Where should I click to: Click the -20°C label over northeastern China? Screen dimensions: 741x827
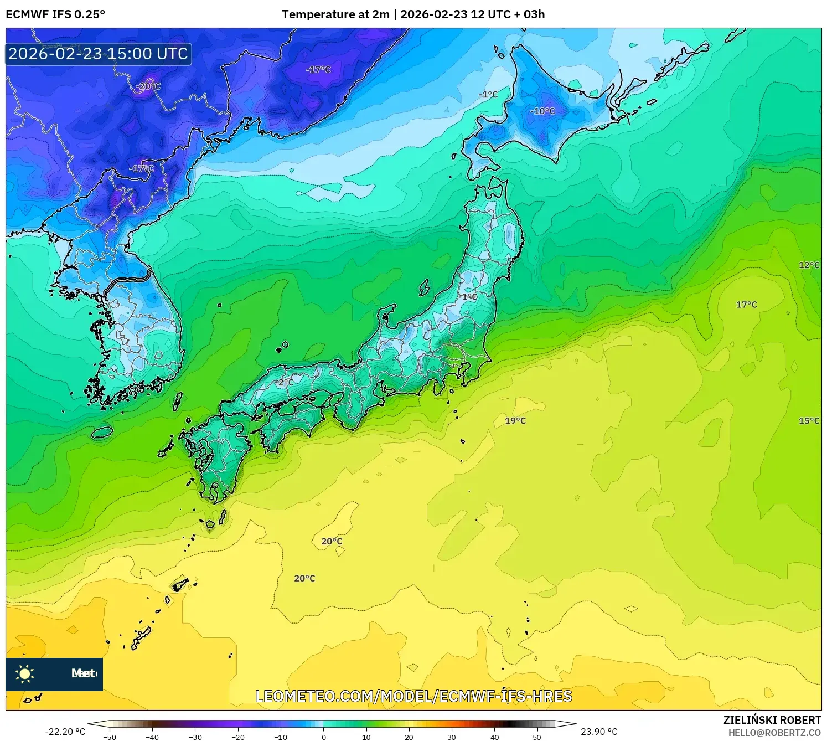coord(148,86)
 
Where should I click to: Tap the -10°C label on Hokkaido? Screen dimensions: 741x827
coord(542,111)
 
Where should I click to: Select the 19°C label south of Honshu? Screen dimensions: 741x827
coord(515,421)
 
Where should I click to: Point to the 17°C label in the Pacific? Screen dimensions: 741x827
coord(746,305)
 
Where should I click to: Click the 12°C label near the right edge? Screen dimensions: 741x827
coord(809,265)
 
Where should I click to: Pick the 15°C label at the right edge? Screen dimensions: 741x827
coord(809,421)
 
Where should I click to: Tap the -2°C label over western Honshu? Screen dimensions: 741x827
coord(285,383)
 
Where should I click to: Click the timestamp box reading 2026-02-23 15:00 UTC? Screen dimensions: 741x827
coord(99,54)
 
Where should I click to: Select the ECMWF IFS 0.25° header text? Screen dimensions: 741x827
coord(55,14)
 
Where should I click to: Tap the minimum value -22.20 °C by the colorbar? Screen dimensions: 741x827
coord(65,732)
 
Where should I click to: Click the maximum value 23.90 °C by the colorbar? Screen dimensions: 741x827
coord(599,732)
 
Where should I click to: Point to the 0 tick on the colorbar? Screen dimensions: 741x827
coord(324,737)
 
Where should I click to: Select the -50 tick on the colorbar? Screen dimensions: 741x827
coord(110,737)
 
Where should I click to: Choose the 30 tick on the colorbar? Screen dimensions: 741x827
coord(452,737)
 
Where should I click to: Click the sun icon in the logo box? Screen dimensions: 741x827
coord(25,674)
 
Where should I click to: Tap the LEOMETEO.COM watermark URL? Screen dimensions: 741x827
coord(413,697)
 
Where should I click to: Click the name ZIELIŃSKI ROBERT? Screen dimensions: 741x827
coord(772,720)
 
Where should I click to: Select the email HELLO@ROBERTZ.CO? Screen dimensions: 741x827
coord(774,733)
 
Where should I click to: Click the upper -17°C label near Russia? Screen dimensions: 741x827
coord(318,70)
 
